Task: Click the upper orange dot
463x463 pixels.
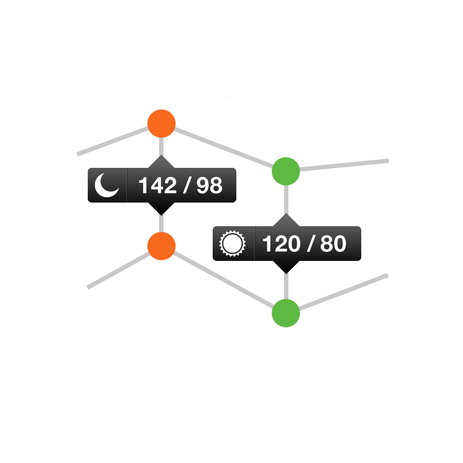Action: (162, 123)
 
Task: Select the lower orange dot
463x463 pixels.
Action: (162, 246)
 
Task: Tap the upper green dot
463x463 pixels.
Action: (286, 171)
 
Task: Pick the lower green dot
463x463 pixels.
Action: (286, 313)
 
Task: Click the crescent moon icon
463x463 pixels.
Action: (106, 185)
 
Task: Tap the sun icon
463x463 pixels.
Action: (232, 244)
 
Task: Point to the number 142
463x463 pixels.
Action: (158, 185)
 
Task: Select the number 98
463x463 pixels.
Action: (209, 185)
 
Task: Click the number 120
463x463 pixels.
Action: (281, 244)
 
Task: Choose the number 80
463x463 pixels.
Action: (333, 244)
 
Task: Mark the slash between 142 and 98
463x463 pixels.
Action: (187, 185)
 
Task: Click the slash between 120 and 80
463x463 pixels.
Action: (310, 244)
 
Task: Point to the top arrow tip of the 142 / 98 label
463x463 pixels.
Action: (161, 155)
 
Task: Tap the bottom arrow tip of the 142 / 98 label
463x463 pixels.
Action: (161, 215)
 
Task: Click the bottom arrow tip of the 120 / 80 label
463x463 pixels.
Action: (286, 274)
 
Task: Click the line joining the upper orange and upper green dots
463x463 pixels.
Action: (223, 148)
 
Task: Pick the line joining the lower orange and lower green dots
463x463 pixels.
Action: (223, 279)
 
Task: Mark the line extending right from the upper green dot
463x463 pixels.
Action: (344, 165)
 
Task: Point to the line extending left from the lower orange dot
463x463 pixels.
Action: (119, 270)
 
